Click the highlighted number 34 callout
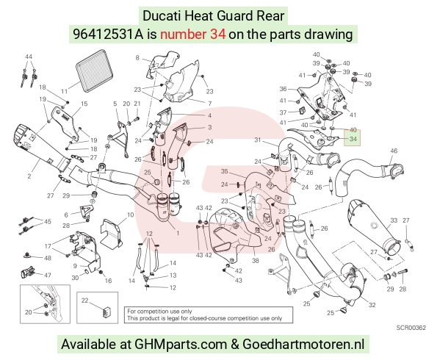(x=353, y=139)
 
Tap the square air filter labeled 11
(x=95, y=70)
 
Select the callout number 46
(x=394, y=151)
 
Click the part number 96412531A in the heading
(x=108, y=35)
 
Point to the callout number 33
(x=394, y=220)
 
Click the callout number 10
(x=131, y=215)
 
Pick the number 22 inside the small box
(x=84, y=300)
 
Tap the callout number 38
(x=256, y=261)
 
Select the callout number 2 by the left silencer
(x=29, y=176)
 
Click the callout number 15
(x=84, y=104)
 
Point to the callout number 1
(x=178, y=233)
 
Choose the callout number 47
(x=48, y=276)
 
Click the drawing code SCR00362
(x=411, y=328)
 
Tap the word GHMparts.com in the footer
(x=181, y=344)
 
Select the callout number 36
(x=283, y=89)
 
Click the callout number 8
(x=137, y=57)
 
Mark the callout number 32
(x=372, y=305)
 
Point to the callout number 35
(x=225, y=171)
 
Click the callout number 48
(x=48, y=258)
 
